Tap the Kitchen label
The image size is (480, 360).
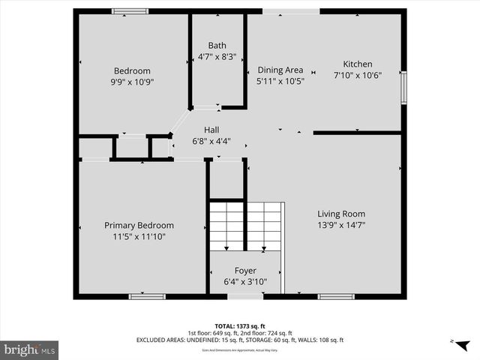point(357,64)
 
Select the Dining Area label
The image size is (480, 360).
point(280,70)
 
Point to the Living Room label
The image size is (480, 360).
point(340,214)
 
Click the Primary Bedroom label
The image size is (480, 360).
point(139,225)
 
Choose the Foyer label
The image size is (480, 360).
point(245,271)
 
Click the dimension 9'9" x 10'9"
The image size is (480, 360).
point(132,82)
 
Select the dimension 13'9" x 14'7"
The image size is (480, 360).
point(340,225)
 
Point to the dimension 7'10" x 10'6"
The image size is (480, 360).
point(357,75)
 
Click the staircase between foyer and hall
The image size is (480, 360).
point(245,225)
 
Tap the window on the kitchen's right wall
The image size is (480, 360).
point(403,87)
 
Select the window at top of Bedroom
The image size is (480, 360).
point(130,11)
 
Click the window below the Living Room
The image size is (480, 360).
point(335,296)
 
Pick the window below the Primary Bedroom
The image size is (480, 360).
point(147,296)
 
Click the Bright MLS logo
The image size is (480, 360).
point(30,349)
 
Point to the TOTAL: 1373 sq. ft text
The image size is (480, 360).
point(240,326)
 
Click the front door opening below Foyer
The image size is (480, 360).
point(241,296)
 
